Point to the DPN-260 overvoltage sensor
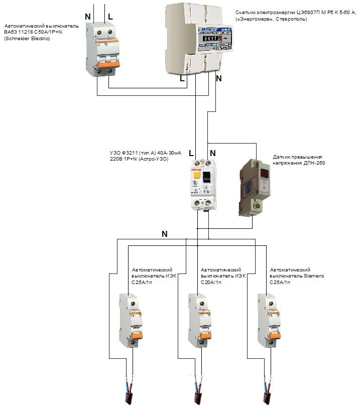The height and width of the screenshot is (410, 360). [x=256, y=187]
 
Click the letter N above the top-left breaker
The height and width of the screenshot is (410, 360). [x=88, y=17]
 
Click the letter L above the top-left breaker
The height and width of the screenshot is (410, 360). [x=110, y=17]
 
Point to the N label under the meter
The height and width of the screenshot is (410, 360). [x=218, y=78]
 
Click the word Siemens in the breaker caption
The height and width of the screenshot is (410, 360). [x=313, y=276]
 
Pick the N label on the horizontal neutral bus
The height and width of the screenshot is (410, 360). [x=165, y=234]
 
